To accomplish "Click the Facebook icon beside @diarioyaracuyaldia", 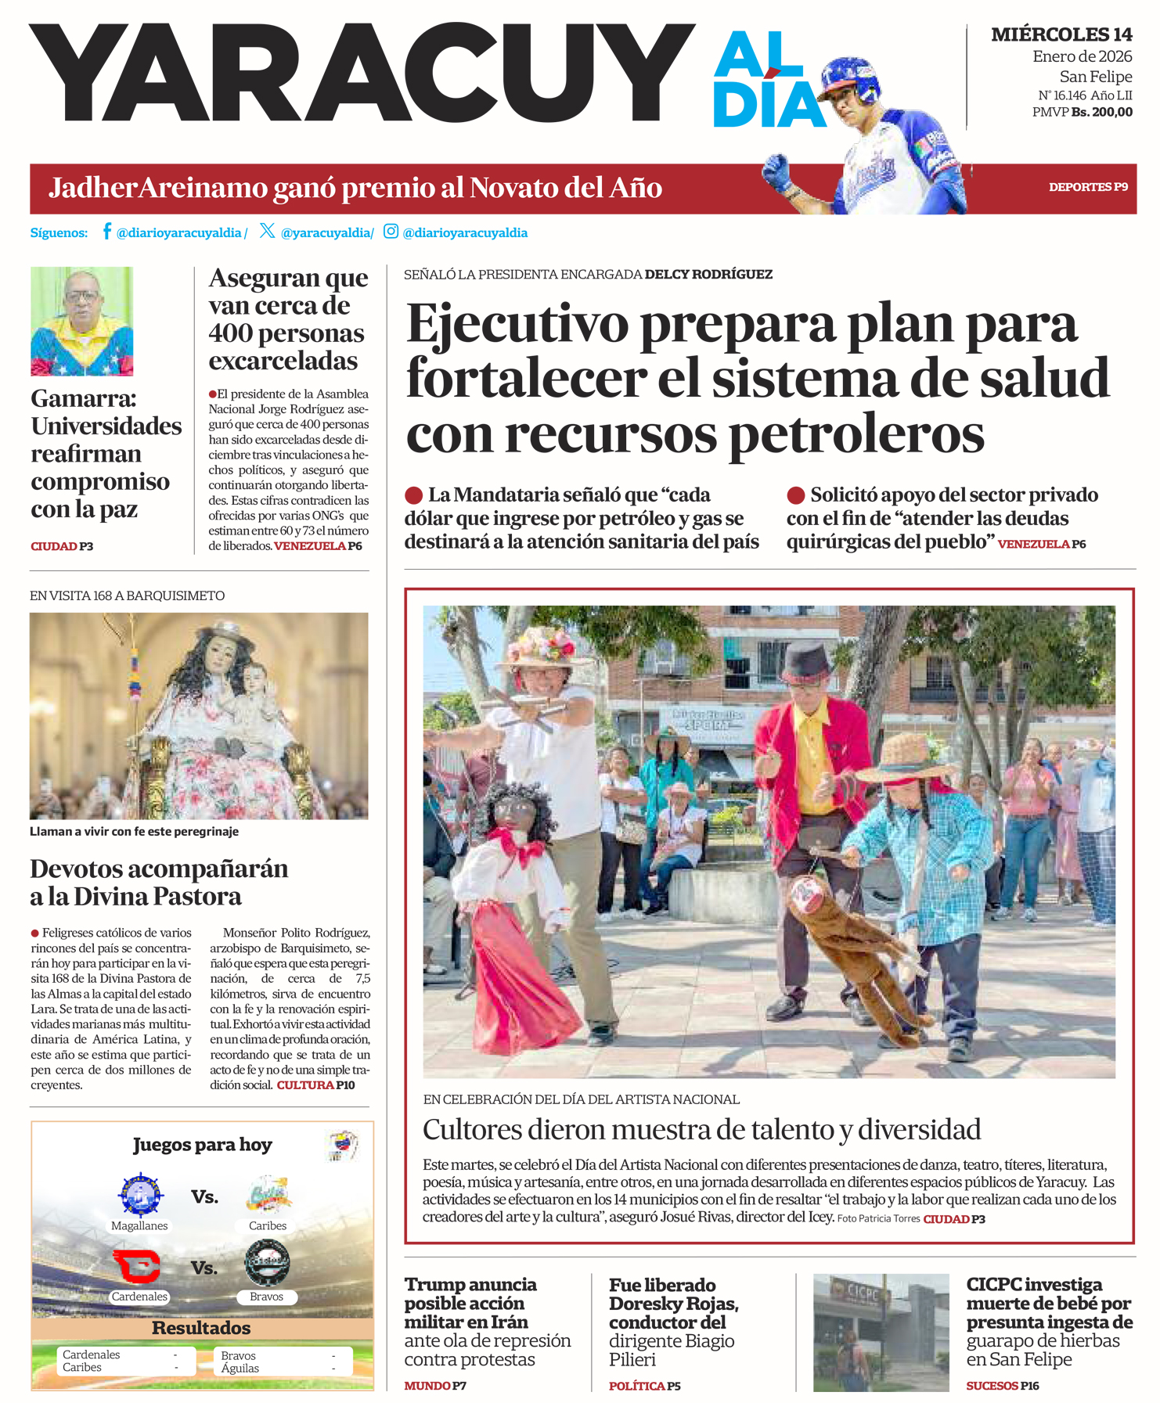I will click(x=106, y=232).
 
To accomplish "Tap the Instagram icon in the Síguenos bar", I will click(x=391, y=232).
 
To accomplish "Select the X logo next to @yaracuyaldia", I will click(x=267, y=231).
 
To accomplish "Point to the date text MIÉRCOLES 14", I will click(x=1061, y=34).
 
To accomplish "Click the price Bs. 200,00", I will click(x=1101, y=112).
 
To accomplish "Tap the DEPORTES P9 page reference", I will click(x=1088, y=187).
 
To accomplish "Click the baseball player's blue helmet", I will click(x=851, y=75).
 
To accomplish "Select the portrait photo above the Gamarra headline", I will click(x=81, y=321).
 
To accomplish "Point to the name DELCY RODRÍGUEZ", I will click(x=708, y=275).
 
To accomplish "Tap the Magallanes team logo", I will click(x=140, y=1196).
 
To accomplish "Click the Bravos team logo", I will click(x=267, y=1262).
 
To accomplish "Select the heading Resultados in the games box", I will click(x=201, y=1328).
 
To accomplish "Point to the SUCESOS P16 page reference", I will click(x=1002, y=1385).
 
